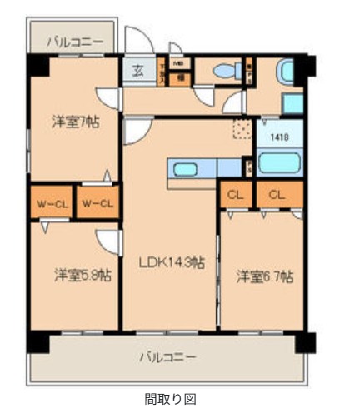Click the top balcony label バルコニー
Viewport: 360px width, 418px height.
tap(75, 40)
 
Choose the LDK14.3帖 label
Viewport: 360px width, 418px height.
tap(172, 263)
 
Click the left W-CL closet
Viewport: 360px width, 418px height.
tap(52, 202)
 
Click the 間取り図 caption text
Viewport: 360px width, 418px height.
tap(169, 398)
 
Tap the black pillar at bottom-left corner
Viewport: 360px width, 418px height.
tap(37, 341)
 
